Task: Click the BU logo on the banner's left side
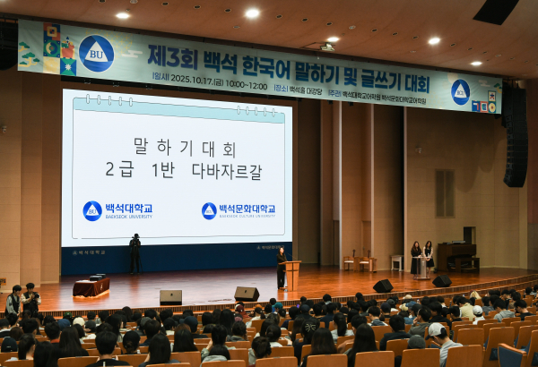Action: (96, 53)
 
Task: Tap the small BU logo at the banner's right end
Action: (460, 92)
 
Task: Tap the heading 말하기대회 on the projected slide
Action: (184, 146)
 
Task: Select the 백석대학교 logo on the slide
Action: (117, 210)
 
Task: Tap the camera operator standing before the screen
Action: (134, 253)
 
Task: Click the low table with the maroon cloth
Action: (91, 286)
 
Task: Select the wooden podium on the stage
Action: (291, 274)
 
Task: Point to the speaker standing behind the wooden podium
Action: (281, 266)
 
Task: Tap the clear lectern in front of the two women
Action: (421, 267)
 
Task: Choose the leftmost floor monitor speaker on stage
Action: (170, 297)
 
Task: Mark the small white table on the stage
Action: (396, 262)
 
